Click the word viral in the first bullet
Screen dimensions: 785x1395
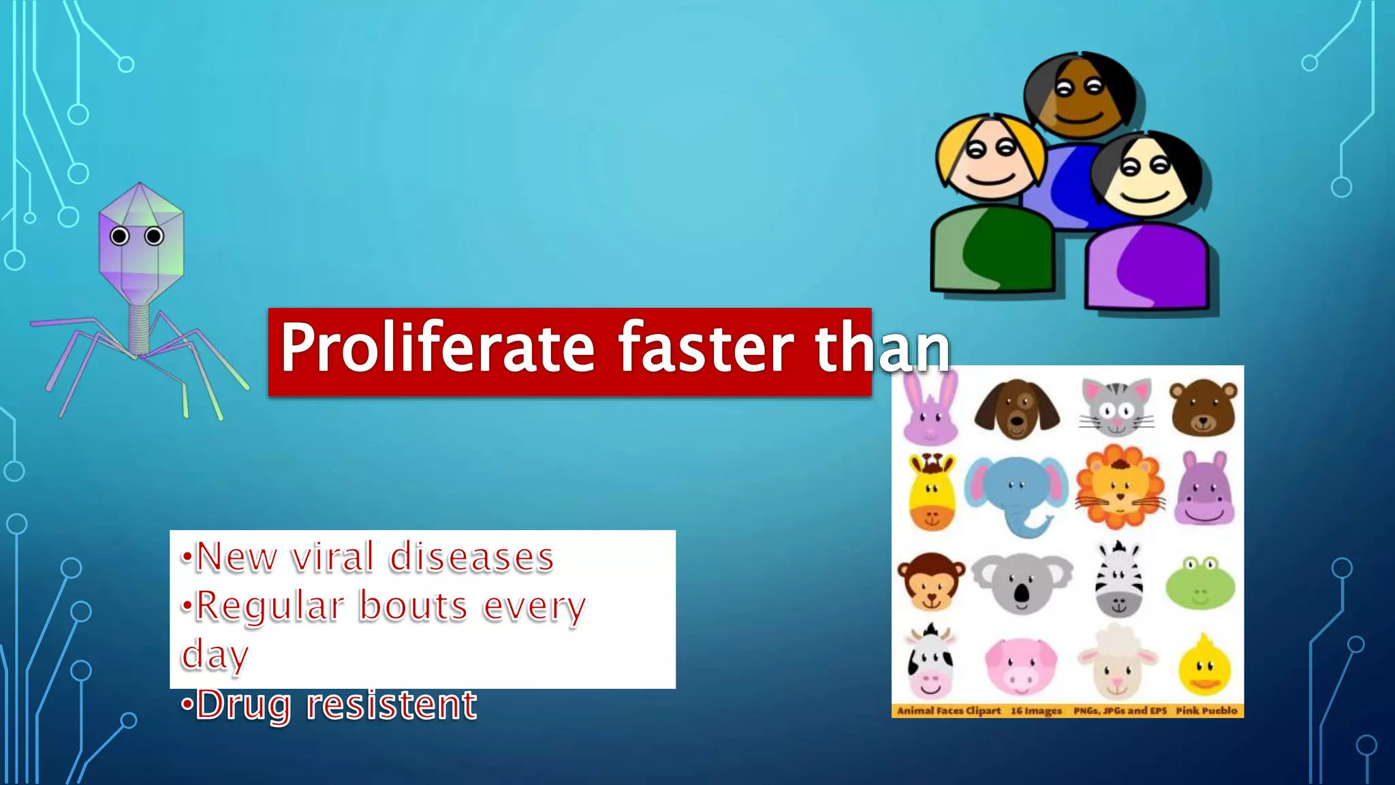(333, 557)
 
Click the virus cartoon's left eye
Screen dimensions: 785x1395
(120, 236)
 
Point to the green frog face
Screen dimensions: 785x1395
(1201, 583)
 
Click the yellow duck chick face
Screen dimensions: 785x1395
(1204, 668)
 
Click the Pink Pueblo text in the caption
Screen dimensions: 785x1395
(1206, 711)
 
